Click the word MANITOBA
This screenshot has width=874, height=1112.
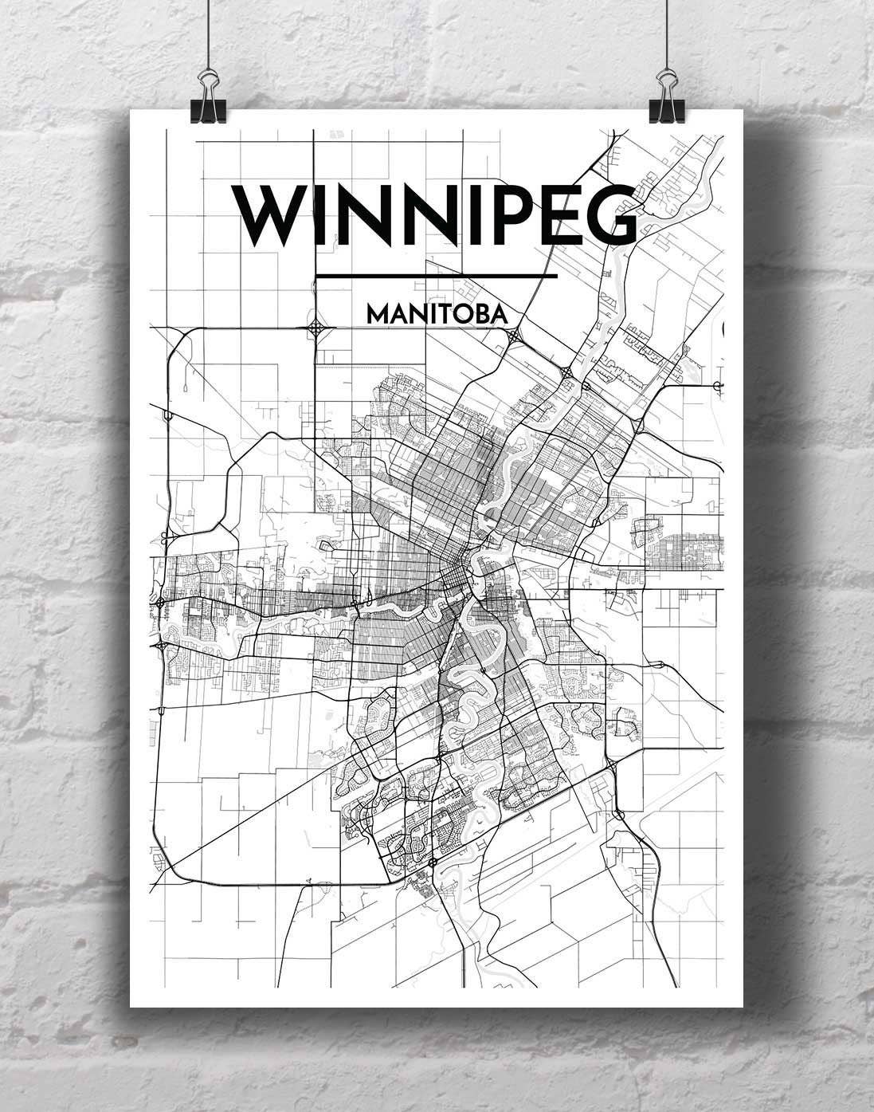437,315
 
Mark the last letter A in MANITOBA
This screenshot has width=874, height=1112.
500,315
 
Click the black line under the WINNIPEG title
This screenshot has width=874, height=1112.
437,277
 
